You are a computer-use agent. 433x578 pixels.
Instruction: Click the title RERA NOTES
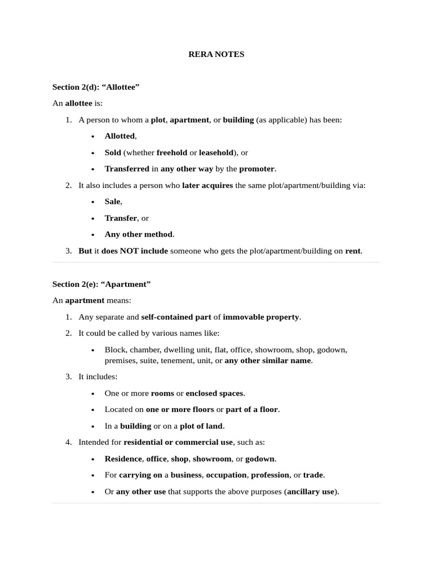pyautogui.click(x=216, y=55)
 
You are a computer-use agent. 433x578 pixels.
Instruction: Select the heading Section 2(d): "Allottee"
pyautogui.click(x=96, y=87)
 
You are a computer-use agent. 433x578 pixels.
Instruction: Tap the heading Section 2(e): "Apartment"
pyautogui.click(x=101, y=284)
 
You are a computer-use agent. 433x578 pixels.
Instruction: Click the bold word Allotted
pyautogui.click(x=120, y=136)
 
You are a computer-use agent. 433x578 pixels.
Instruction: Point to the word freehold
pyautogui.click(x=171, y=152)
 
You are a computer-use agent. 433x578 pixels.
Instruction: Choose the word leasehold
pyautogui.click(x=216, y=152)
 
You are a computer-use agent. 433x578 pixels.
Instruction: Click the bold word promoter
pyautogui.click(x=257, y=169)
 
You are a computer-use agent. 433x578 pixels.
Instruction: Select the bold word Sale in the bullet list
pyautogui.click(x=112, y=202)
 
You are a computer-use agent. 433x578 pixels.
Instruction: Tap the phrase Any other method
pyautogui.click(x=139, y=234)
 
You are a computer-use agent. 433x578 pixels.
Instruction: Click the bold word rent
pyautogui.click(x=352, y=251)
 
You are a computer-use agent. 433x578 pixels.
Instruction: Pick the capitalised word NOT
pyautogui.click(x=129, y=251)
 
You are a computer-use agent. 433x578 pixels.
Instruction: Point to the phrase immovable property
pyautogui.click(x=260, y=317)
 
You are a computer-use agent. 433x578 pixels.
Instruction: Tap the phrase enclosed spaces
pyautogui.click(x=215, y=393)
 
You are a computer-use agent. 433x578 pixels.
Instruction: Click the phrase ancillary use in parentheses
pyautogui.click(x=312, y=492)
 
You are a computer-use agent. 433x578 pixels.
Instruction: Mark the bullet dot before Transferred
pyautogui.click(x=93, y=169)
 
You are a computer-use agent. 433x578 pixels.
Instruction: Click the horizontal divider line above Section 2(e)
pyautogui.click(x=216, y=262)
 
